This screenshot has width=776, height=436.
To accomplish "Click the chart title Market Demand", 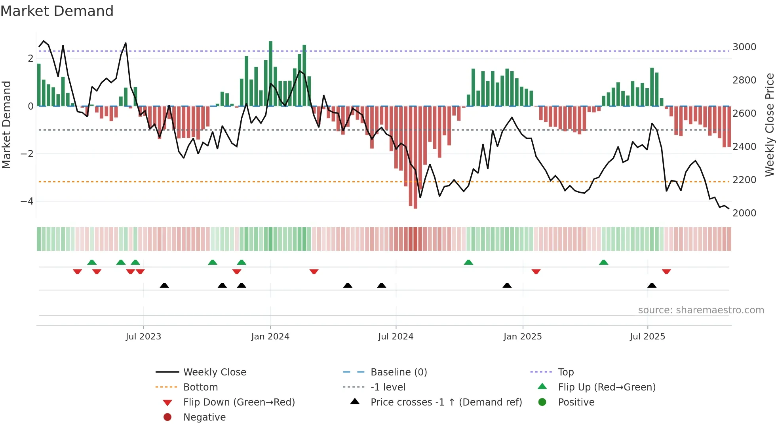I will [57, 11].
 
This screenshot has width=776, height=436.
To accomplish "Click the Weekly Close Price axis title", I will [769, 125].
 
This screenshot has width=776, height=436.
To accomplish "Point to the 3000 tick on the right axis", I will [744, 47].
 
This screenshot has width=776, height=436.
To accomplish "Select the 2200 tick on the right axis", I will [744, 180].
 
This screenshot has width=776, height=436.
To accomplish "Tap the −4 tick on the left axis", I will [27, 201].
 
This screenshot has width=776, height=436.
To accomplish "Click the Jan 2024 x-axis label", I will [270, 337].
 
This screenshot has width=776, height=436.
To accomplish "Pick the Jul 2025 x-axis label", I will [647, 337].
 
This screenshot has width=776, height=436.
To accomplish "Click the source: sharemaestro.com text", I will [701, 310].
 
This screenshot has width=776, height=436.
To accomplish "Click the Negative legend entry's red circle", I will [167, 417].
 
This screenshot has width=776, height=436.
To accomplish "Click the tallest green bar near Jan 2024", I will [270, 74].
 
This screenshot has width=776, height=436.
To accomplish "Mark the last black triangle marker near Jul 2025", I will [652, 286].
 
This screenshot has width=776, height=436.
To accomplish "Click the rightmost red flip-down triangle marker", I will [666, 271].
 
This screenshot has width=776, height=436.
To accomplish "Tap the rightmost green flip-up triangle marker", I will [603, 262].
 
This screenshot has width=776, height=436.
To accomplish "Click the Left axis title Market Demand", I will [6, 125].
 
